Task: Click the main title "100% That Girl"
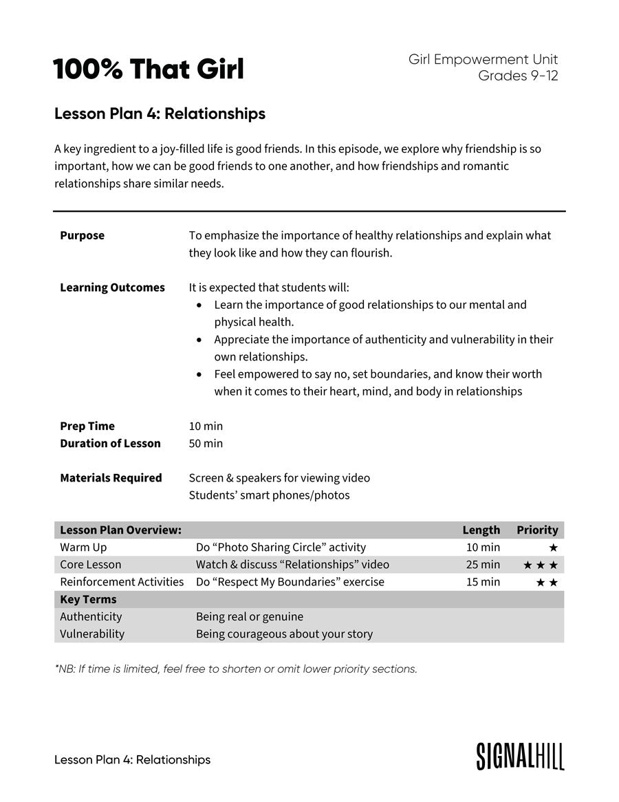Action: tap(148, 69)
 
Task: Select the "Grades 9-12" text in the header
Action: tap(518, 76)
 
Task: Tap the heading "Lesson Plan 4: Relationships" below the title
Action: tap(160, 113)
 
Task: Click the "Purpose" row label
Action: tap(82, 235)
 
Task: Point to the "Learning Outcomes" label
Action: tap(112, 288)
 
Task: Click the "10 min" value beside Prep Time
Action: tap(206, 426)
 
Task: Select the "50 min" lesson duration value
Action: tap(206, 444)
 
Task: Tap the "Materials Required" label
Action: tap(111, 478)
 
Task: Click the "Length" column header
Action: tap(481, 530)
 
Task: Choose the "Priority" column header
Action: tap(537, 530)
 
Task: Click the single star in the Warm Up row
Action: tap(553, 548)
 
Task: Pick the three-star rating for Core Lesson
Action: tap(540, 565)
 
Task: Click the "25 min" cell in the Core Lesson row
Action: tap(483, 565)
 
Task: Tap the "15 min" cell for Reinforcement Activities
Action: tap(483, 582)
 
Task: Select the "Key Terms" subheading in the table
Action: tap(88, 599)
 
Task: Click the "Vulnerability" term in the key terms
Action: tap(92, 633)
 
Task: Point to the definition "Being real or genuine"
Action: tap(249, 616)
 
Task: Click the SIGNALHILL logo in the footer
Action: tap(520, 756)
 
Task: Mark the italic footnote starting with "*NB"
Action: tap(236, 669)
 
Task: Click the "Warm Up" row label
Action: tap(83, 548)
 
